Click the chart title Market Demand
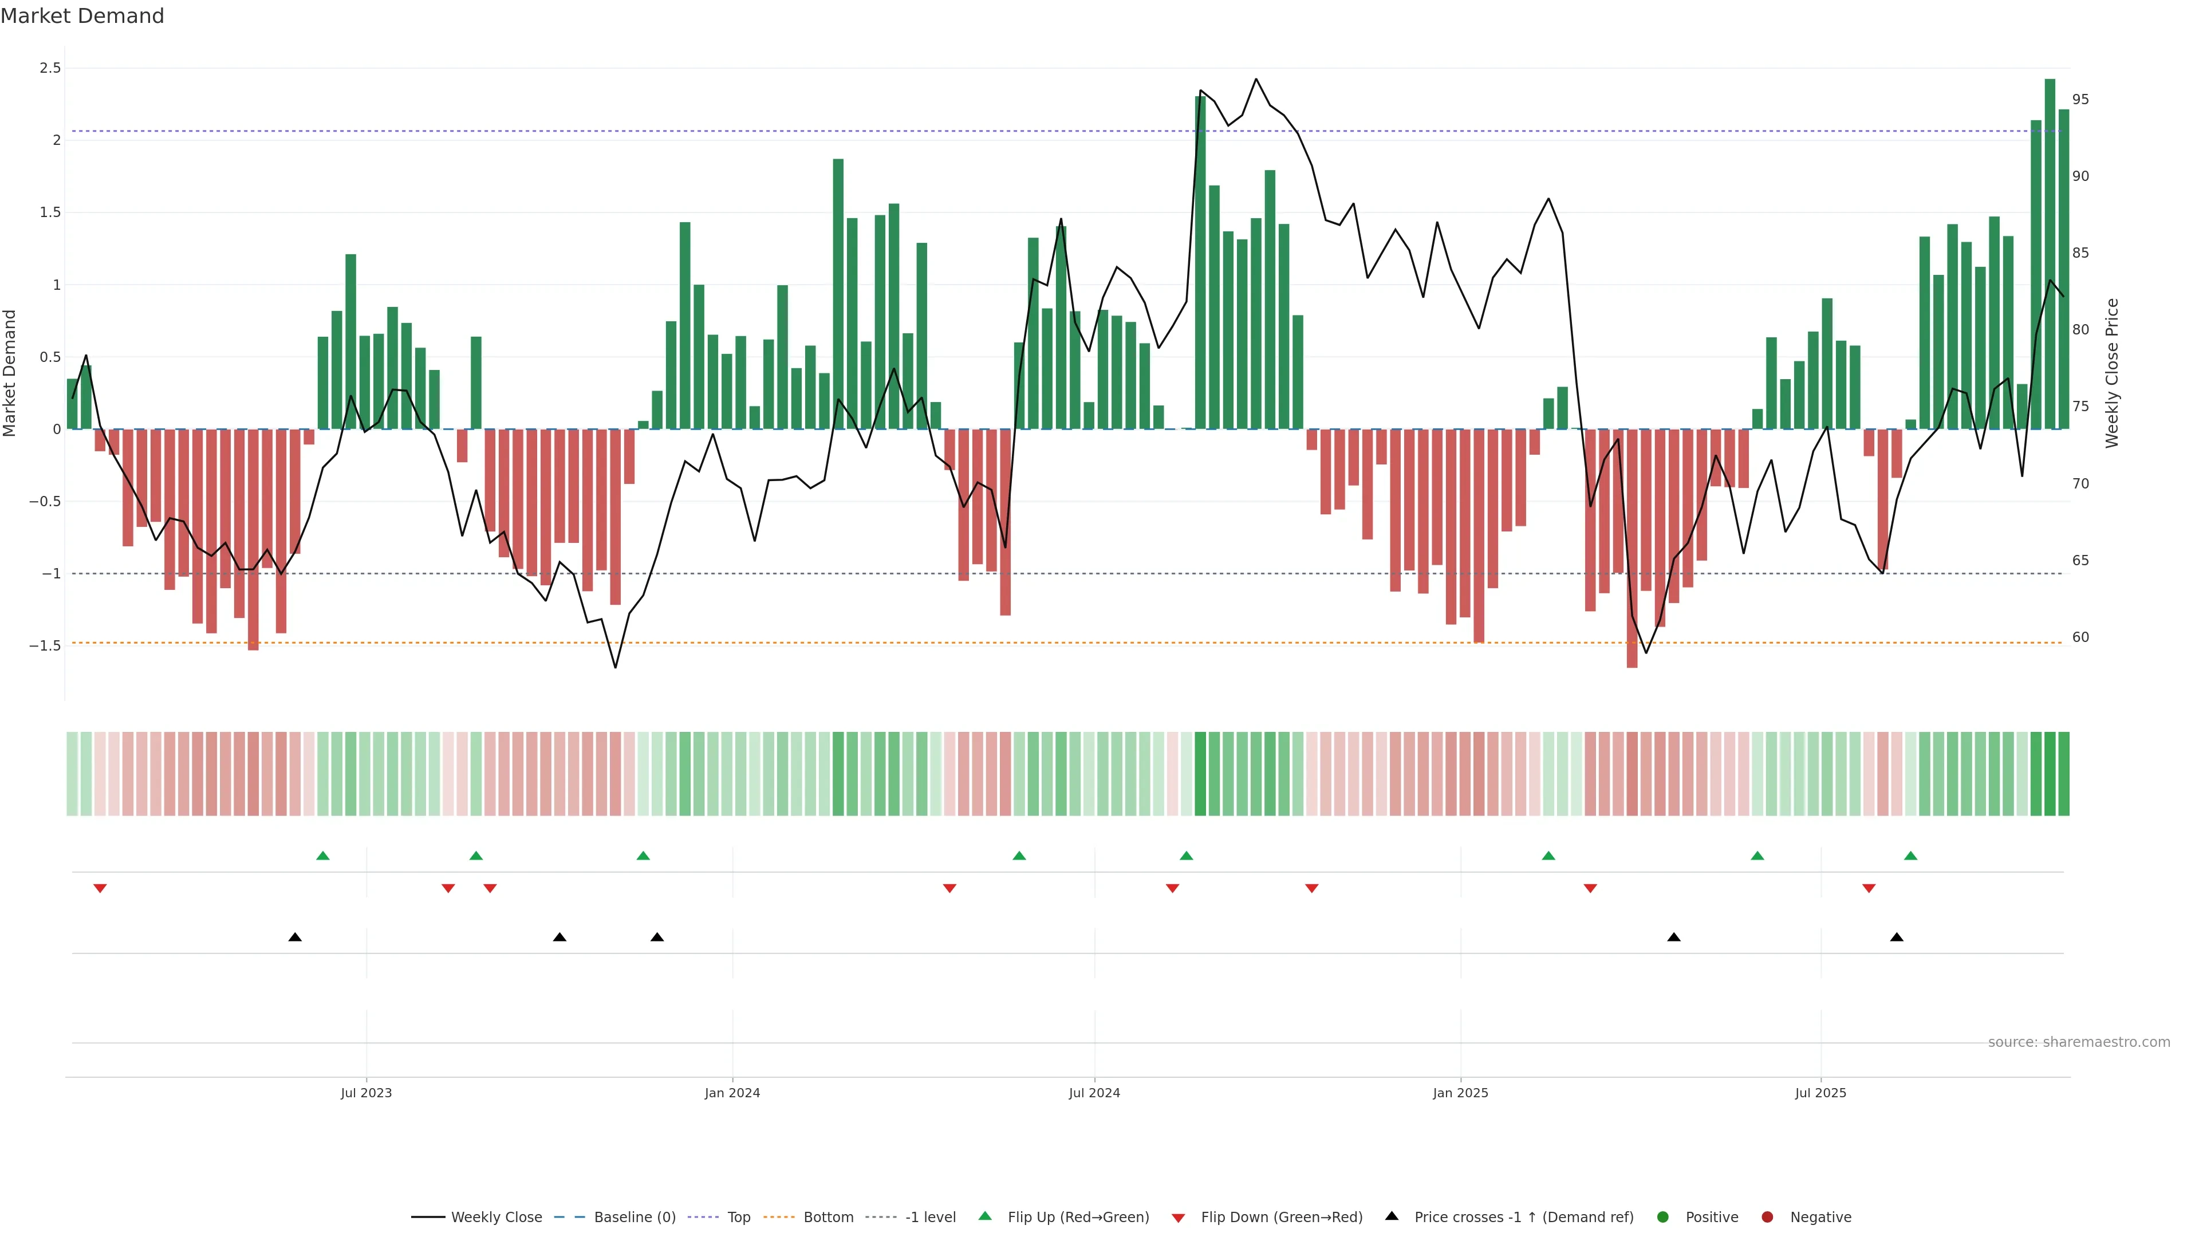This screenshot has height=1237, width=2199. coord(82,16)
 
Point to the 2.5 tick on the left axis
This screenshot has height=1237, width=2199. coord(50,68)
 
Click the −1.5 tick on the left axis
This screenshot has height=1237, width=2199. coord(45,646)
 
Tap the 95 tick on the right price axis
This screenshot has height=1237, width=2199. coord(2080,100)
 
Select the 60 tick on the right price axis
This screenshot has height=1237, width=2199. coord(2080,638)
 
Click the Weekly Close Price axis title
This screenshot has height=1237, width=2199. coord(2112,373)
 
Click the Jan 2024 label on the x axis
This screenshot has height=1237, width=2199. coord(732,1093)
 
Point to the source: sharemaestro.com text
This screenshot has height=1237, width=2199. coord(2079,1042)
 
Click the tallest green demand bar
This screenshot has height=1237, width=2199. coord(2050,256)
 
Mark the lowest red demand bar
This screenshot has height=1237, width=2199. coord(1631,550)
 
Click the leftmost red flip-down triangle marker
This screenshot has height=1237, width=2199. coord(100,889)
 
